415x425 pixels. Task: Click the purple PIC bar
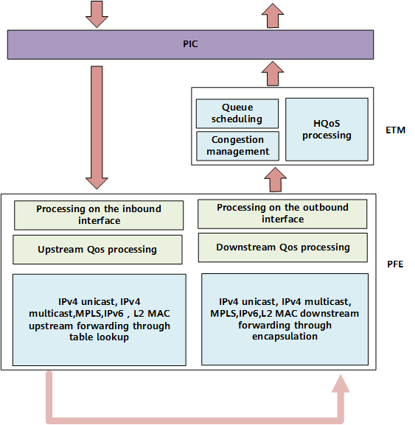pyautogui.click(x=190, y=44)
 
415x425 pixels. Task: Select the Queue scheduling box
pyautogui.click(x=237, y=113)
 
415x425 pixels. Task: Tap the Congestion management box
pyautogui.click(x=237, y=146)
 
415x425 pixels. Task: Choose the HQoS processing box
pyautogui.click(x=327, y=130)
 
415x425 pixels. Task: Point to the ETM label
pyautogui.click(x=396, y=130)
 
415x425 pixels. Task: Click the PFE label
pyautogui.click(x=395, y=264)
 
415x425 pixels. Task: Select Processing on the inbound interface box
pyautogui.click(x=99, y=215)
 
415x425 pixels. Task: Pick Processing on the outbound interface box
pyautogui.click(x=282, y=214)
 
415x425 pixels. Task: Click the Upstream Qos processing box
pyautogui.click(x=97, y=250)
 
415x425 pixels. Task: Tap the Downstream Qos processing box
pyautogui.click(x=283, y=247)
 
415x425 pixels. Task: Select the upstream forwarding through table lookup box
pyautogui.click(x=100, y=320)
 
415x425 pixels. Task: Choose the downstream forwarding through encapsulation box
pyautogui.click(x=285, y=319)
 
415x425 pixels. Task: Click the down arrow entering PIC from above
pyautogui.click(x=97, y=14)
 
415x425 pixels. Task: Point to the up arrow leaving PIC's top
pyautogui.click(x=273, y=15)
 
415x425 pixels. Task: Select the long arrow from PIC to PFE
pyautogui.click(x=97, y=127)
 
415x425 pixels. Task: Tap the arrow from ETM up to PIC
pyautogui.click(x=273, y=74)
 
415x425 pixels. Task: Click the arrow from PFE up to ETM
pyautogui.click(x=275, y=180)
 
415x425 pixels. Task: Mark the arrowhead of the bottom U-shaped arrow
pyautogui.click(x=341, y=384)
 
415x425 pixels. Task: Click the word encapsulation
pyautogui.click(x=285, y=337)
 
